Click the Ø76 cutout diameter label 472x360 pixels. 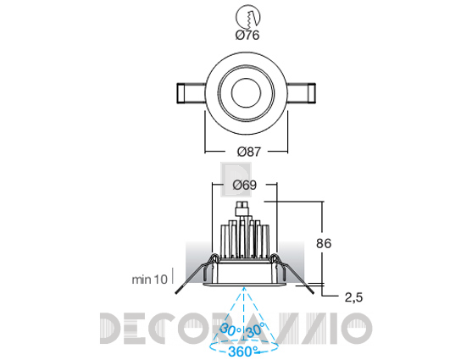coord(247,36)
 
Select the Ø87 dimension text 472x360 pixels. coord(249,152)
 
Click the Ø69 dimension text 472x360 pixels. coord(245,185)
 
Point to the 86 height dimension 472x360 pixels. coord(324,243)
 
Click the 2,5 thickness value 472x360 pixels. coord(353,297)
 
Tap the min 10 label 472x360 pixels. coord(150,280)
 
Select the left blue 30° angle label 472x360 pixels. coord(230,330)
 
